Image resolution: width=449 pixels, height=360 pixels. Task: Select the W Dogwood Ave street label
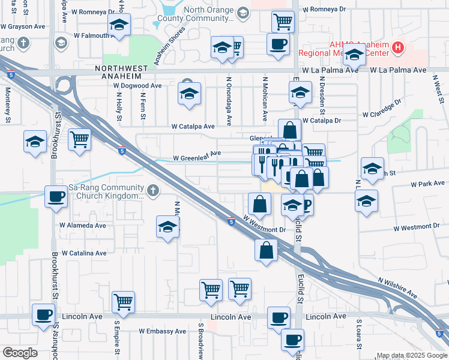coord(138,86)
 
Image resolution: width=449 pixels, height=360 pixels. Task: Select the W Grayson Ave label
coord(23,26)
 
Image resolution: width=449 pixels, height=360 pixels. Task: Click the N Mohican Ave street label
coord(264,95)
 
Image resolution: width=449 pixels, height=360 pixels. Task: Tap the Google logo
coord(20,353)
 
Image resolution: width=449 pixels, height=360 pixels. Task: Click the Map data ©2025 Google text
coord(412,355)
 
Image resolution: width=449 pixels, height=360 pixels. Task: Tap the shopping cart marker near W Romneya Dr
coord(282,22)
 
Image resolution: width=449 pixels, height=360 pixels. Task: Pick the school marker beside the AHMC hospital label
coord(355,56)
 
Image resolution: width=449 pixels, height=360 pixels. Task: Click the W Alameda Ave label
coord(82,226)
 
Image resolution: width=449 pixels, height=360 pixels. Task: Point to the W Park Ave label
coord(429,184)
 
